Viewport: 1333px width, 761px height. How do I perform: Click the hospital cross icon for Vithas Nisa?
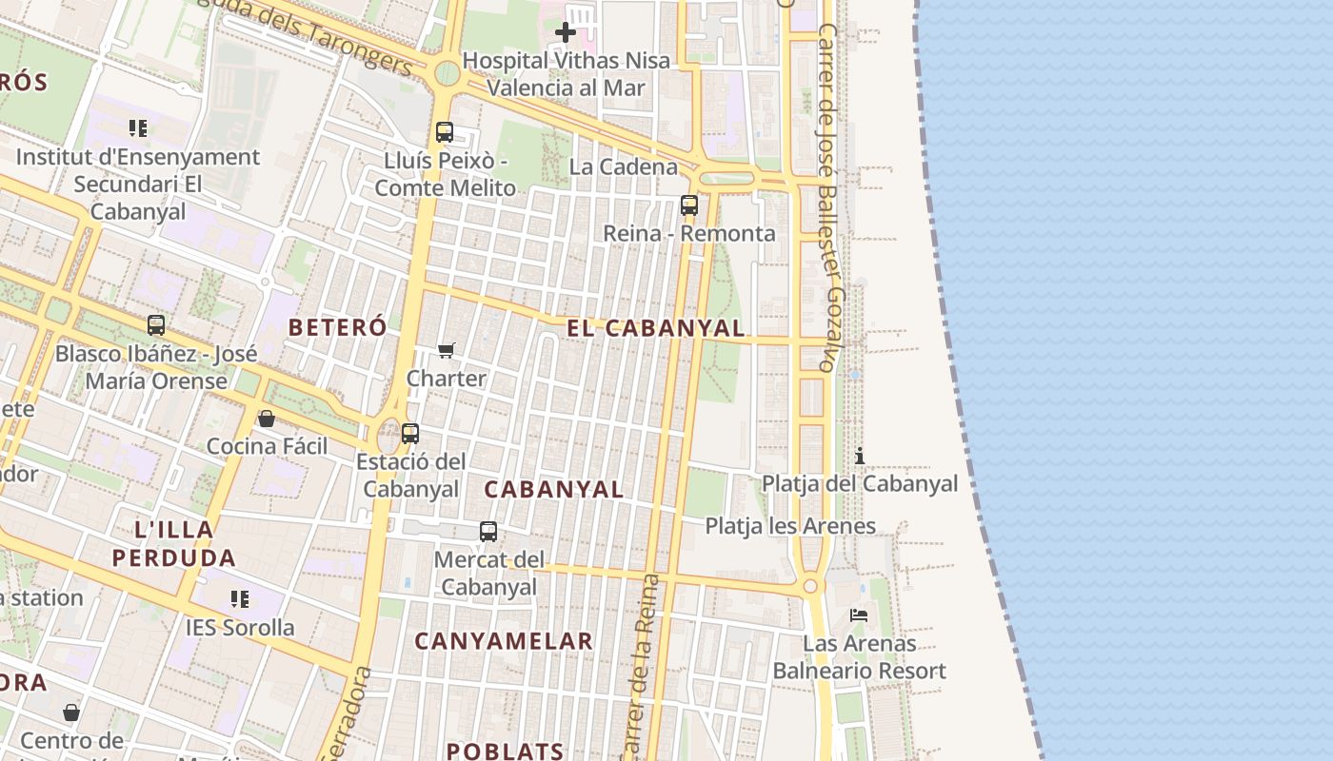[566, 32]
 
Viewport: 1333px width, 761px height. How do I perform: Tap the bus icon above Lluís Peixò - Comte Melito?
[445, 132]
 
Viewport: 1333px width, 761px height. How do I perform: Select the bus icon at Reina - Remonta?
[689, 205]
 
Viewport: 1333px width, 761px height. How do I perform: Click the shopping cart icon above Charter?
[447, 350]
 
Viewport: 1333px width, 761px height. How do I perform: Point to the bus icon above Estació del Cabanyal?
[410, 434]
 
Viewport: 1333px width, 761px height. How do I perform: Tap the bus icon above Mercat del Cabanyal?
[488, 532]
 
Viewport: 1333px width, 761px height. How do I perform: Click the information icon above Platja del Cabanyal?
[860, 456]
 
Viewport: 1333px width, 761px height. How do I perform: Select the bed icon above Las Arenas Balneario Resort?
[859, 615]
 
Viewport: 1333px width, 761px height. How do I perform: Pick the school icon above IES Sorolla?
[240, 599]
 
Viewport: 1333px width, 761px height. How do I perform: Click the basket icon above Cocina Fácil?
[267, 419]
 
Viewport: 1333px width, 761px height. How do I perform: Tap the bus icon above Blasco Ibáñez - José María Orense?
[156, 325]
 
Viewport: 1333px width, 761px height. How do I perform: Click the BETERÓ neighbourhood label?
[338, 328]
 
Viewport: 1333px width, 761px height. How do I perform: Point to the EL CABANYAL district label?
[656, 329]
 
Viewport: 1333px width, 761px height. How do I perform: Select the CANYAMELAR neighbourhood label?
[504, 642]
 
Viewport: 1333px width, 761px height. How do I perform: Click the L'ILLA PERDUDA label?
[174, 543]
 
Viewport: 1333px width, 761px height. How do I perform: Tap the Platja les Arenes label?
[790, 526]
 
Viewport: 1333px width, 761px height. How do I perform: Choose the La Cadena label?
[624, 167]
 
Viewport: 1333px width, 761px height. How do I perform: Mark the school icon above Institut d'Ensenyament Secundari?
[138, 127]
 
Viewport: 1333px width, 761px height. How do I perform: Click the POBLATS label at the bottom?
[505, 751]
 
